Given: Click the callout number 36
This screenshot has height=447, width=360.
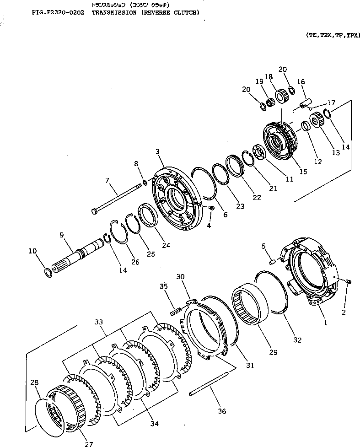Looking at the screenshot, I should tap(221, 411).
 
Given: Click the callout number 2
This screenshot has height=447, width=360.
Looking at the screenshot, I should tap(344, 312).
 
